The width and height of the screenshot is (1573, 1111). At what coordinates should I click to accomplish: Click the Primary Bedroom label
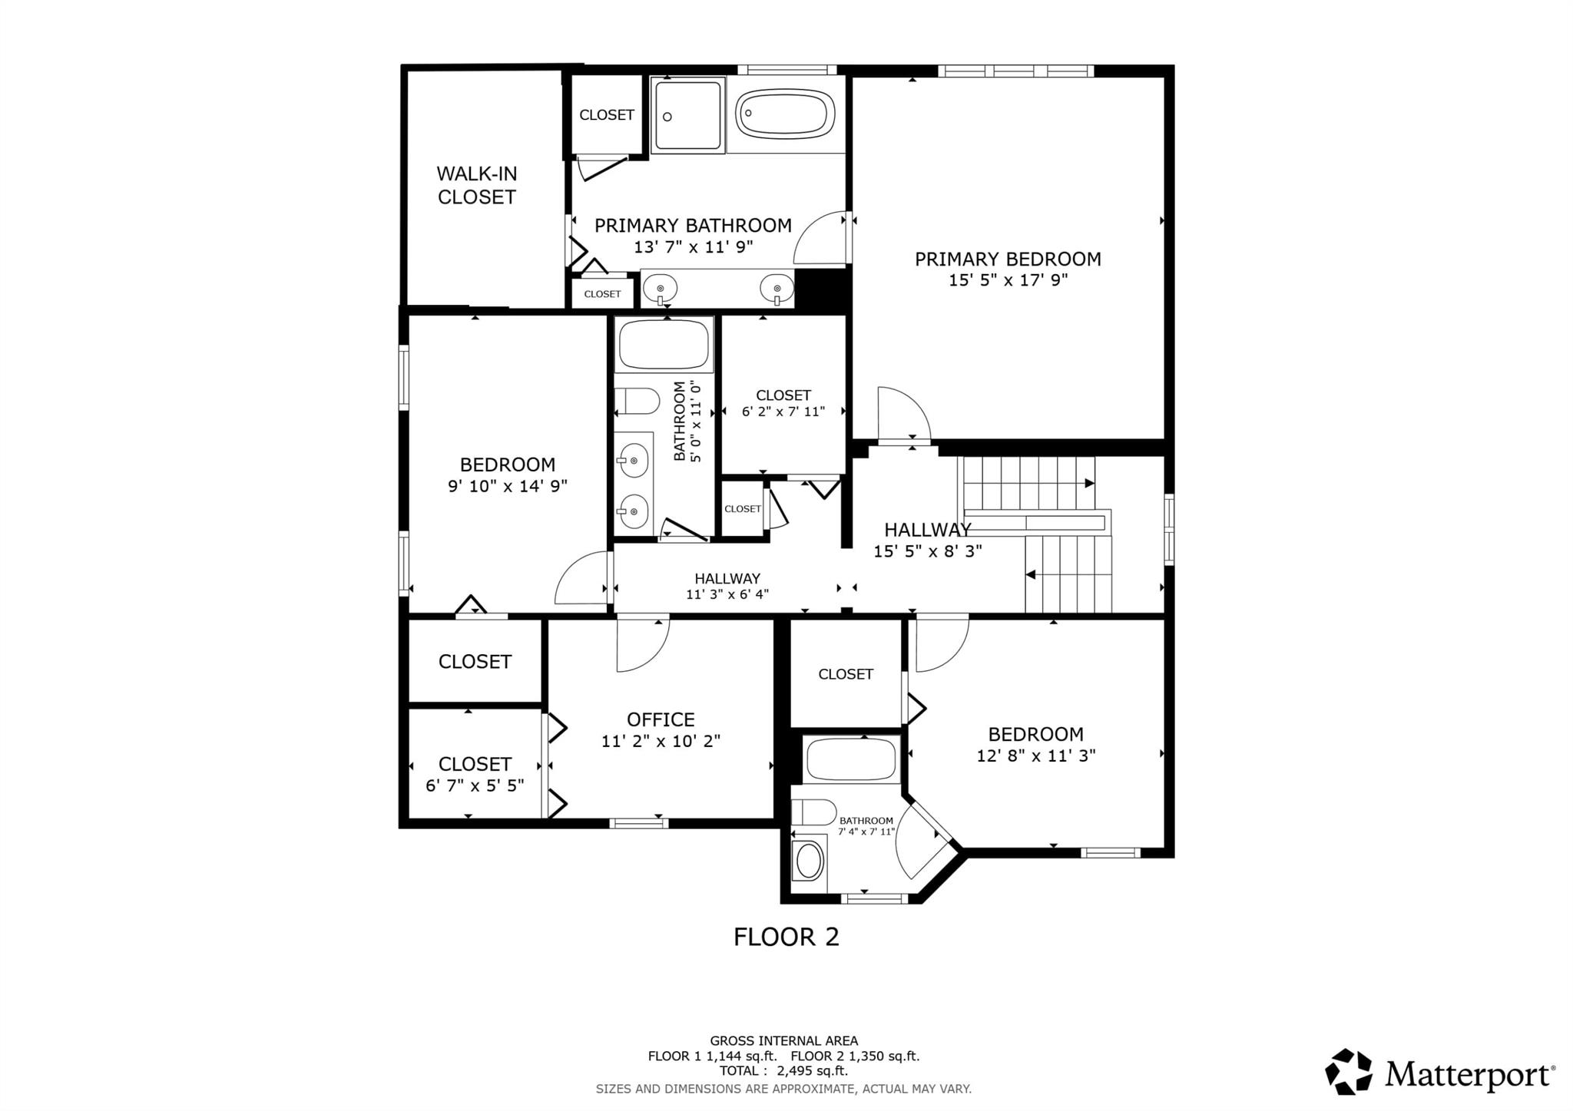1008,260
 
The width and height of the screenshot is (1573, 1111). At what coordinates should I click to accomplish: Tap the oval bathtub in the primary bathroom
785,114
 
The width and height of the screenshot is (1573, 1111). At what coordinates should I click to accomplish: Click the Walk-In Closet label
476,186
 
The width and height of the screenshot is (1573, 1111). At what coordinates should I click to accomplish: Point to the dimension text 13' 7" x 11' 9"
693,247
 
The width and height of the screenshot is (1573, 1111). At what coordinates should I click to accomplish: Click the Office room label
661,720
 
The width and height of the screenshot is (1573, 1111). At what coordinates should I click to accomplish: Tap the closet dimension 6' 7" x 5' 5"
475,786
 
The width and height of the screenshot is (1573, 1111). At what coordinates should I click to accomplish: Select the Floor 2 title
786,937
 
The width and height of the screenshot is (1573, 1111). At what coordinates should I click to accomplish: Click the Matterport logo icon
1349,1071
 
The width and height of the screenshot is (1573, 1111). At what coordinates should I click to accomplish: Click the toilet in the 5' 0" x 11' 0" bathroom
637,401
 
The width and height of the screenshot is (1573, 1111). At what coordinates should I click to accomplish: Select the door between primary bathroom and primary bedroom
821,237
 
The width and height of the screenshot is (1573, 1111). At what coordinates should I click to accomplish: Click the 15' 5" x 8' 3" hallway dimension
928,551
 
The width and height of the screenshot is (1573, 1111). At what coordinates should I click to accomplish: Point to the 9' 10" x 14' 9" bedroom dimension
508,486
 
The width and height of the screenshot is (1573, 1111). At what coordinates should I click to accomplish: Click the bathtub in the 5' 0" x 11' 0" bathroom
664,345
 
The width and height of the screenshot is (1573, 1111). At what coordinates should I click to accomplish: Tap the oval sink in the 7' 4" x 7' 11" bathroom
809,861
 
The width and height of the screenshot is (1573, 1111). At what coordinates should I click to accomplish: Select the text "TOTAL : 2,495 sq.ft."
783,1070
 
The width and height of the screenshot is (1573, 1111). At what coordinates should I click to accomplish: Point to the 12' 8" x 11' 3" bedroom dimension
1035,756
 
